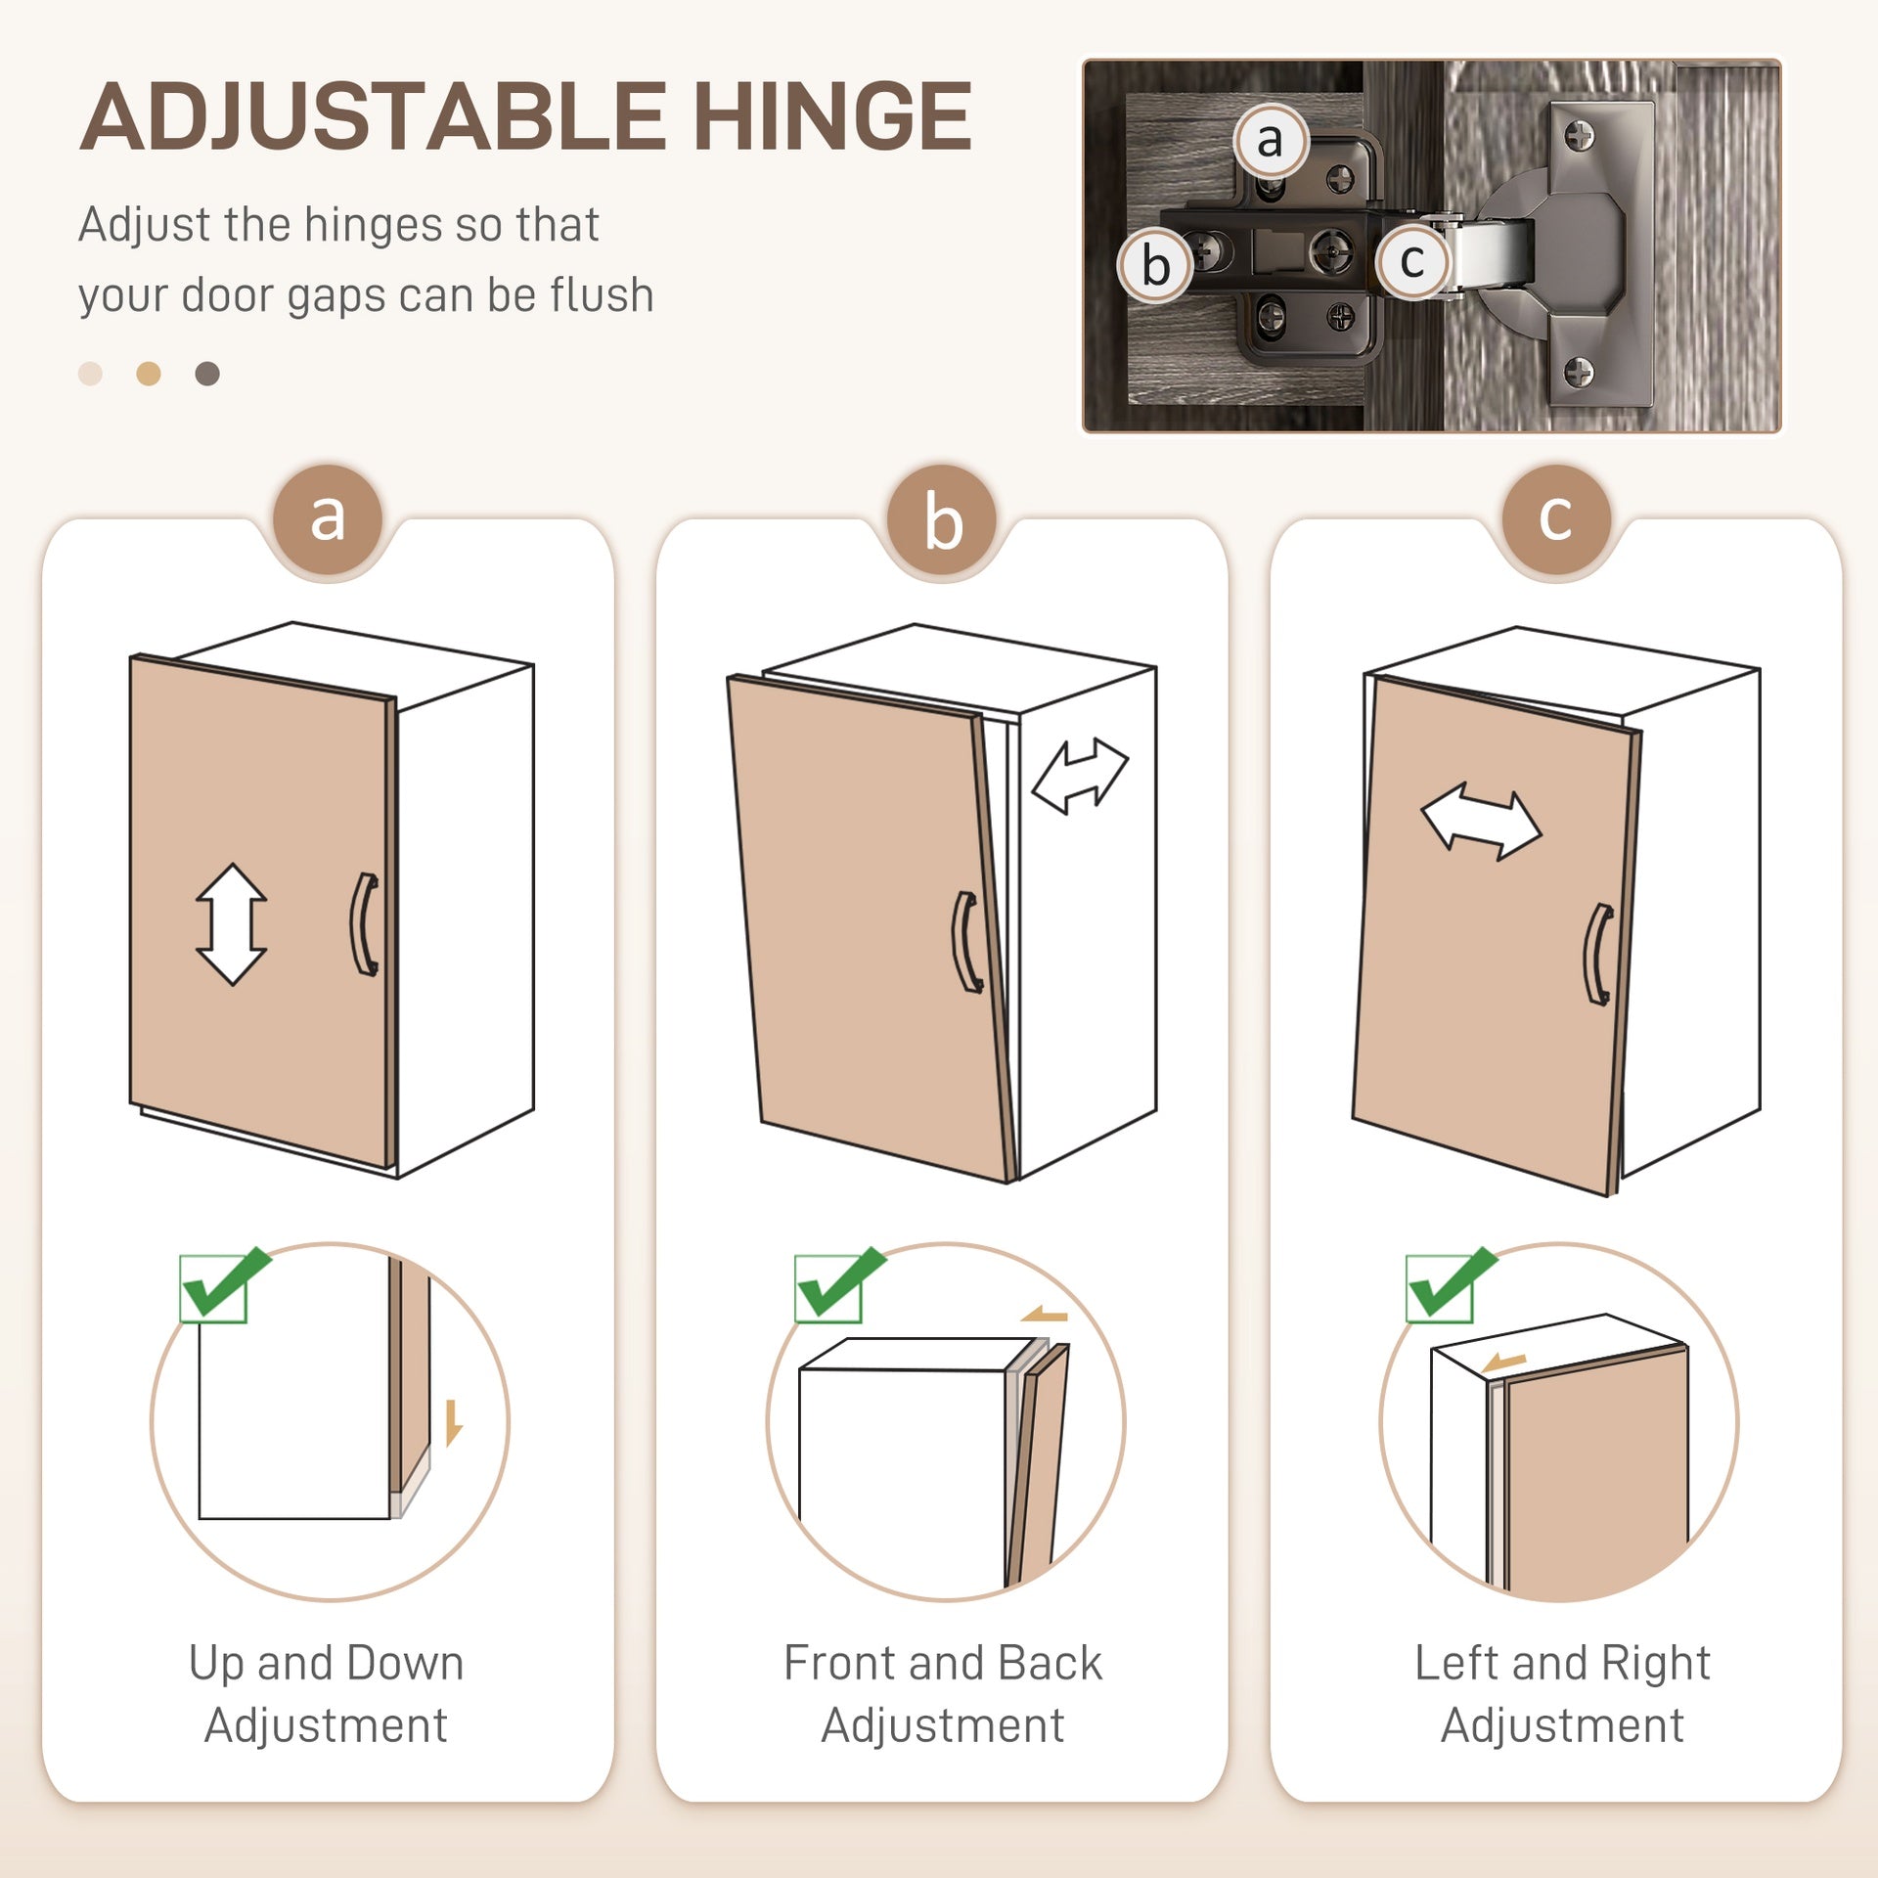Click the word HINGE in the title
pos(832,116)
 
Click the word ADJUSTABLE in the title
pos(373,116)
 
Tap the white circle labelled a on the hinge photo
pos(1270,141)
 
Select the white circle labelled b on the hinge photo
pos(1156,265)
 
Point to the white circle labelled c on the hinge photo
pos(1412,260)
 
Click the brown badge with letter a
pos(328,519)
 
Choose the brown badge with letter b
pos(942,519)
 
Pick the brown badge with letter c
pos(1556,519)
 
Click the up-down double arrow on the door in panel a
pos(232,924)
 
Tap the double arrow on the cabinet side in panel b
pos(1080,776)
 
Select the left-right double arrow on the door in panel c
pos(1481,822)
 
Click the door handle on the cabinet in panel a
pos(364,924)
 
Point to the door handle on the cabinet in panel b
pos(967,943)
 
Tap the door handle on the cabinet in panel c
pos(1598,954)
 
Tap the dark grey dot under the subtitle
pos(207,374)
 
